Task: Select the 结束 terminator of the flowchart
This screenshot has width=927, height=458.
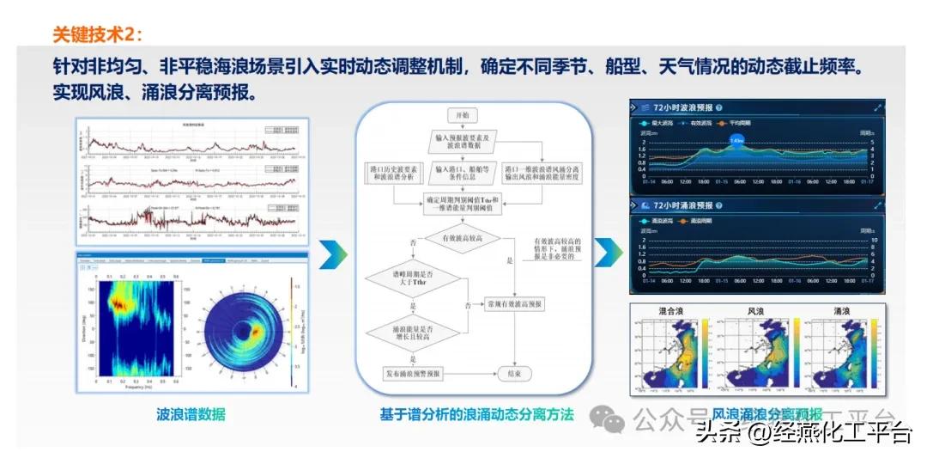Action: [513, 374]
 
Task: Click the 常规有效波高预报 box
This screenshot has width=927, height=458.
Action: [514, 305]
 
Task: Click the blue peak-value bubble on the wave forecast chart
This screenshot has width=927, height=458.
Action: [736, 139]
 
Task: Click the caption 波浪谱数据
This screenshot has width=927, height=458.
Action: [191, 414]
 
